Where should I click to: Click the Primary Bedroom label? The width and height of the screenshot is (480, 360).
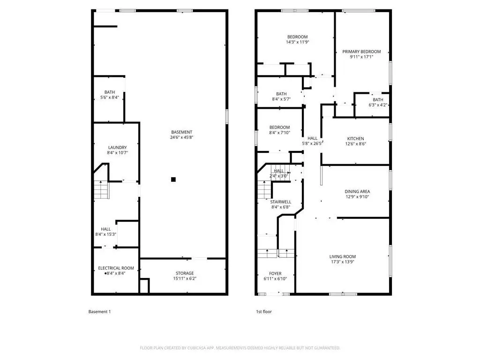point(361,52)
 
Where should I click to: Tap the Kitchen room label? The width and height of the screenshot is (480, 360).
point(355,139)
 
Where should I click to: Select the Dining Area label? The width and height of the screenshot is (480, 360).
point(357,192)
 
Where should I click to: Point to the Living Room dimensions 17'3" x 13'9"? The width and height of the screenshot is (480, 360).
point(343,262)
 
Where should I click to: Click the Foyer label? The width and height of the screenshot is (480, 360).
point(275,274)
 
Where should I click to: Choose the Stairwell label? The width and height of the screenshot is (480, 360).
point(280,202)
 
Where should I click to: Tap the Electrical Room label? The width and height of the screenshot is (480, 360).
point(116,268)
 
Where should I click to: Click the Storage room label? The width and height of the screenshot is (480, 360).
point(185,273)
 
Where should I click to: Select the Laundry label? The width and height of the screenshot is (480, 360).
point(117,148)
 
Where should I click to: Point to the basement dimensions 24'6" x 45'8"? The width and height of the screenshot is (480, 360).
point(181,137)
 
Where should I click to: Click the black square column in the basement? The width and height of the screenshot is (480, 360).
point(173,180)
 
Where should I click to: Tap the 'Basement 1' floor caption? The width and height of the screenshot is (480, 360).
point(99,312)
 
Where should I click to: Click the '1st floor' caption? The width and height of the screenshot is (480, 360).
point(264,312)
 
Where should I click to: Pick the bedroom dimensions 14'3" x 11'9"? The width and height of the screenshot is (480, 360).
point(297,42)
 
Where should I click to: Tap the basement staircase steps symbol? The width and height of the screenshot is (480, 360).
point(102,190)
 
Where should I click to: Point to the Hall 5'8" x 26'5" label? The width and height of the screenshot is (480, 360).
point(312,141)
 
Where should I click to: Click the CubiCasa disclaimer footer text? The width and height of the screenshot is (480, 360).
point(240,348)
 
